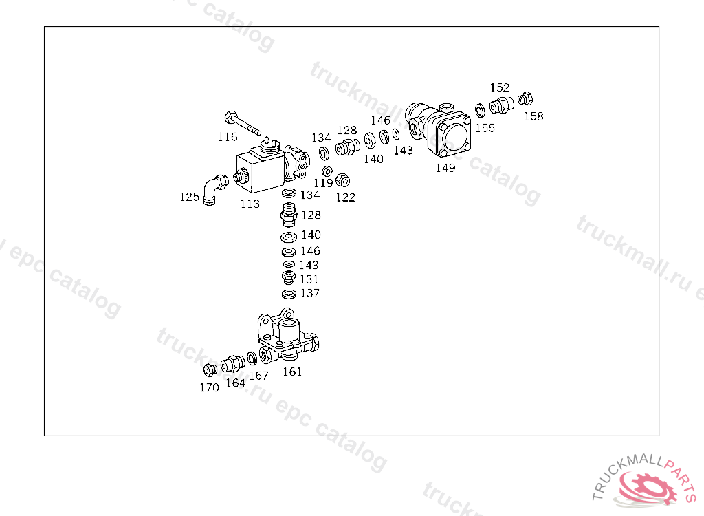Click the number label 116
(228, 137)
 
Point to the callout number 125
(190, 197)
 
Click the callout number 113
(250, 204)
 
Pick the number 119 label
(323, 183)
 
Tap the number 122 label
(346, 197)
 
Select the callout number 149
(445, 168)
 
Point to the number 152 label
(500, 87)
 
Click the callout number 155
(485, 128)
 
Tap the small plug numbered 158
(526, 98)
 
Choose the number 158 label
(533, 116)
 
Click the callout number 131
(309, 279)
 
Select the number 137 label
(309, 293)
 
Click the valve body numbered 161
(289, 336)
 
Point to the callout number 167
(258, 376)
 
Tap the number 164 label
(235, 383)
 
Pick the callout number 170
(209, 387)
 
